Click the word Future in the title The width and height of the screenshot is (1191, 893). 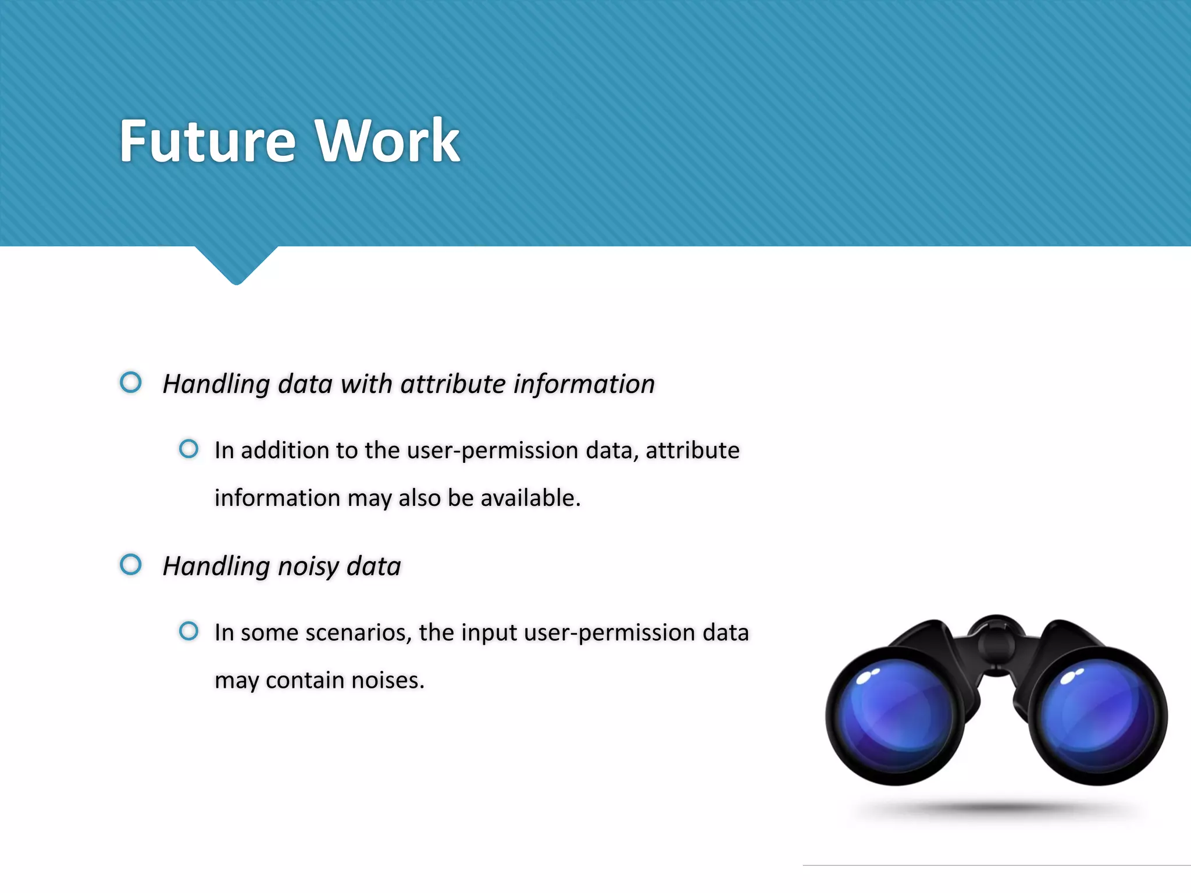tap(208, 141)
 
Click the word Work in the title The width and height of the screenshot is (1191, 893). tap(387, 141)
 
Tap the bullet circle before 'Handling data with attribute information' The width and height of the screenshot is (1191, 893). tap(131, 383)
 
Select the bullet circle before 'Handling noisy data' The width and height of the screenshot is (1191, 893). tap(131, 565)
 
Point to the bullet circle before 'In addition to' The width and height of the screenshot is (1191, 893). tap(188, 449)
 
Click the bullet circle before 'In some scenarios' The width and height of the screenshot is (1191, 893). tap(188, 631)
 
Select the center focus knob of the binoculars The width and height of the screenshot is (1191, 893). tap(996, 640)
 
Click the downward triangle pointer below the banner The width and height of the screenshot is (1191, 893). tap(236, 265)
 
